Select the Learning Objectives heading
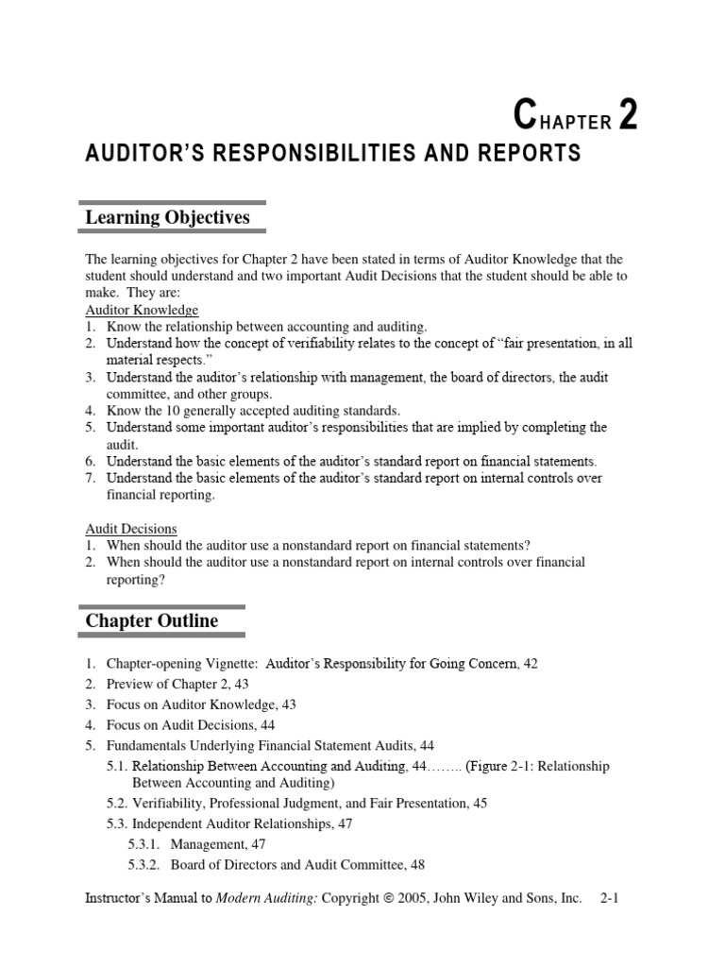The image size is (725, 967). tap(167, 218)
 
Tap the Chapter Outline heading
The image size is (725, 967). tap(151, 621)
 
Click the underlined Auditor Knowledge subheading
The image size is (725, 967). tap(142, 310)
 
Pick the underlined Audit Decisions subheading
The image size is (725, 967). tap(131, 529)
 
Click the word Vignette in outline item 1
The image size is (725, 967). tap(231, 664)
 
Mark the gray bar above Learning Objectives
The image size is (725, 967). tap(171, 202)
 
